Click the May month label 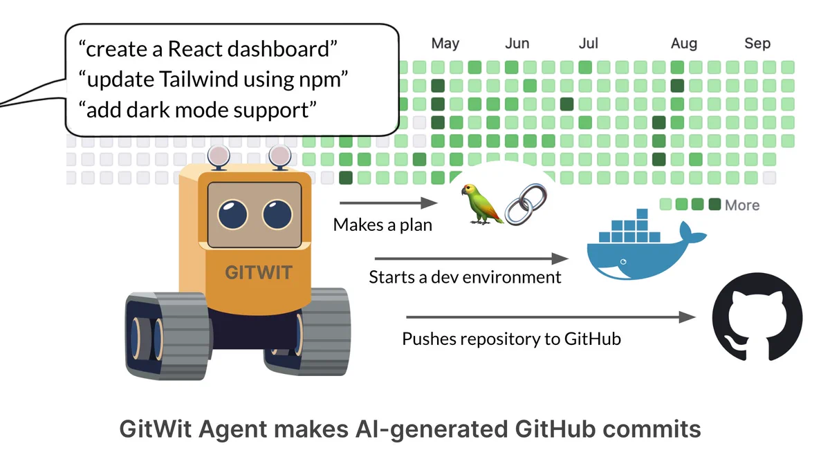click(x=445, y=44)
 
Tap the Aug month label click(x=683, y=44)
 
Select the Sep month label click(x=757, y=44)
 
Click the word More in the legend click(x=741, y=205)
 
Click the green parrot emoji click(x=481, y=204)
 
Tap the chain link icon click(x=526, y=204)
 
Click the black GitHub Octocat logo click(x=757, y=317)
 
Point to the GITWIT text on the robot click(x=258, y=272)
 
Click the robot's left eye click(x=232, y=214)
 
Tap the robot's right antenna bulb click(x=279, y=156)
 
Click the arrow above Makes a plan click(x=388, y=203)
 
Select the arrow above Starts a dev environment click(x=471, y=259)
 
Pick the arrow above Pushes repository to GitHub click(x=551, y=317)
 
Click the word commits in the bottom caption click(x=652, y=429)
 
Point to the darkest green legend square click(x=714, y=204)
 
